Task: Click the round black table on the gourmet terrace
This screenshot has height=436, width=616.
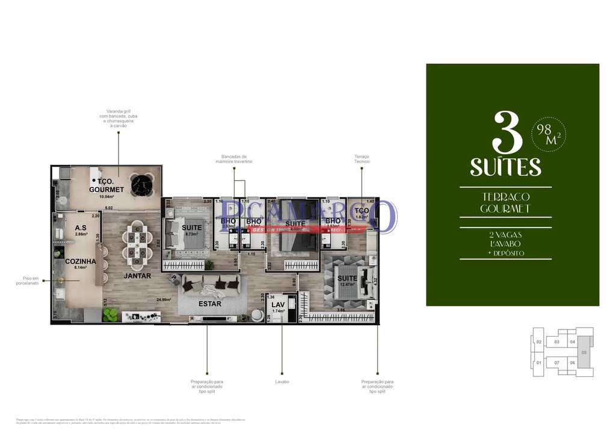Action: pos(143,185)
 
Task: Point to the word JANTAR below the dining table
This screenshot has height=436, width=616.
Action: pos(137,276)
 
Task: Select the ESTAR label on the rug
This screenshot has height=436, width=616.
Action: pos(210,304)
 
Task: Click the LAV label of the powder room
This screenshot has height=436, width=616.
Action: pos(277,305)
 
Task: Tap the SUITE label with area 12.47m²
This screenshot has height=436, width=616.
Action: pos(347,279)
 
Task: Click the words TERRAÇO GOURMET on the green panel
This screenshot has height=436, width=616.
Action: pos(505,203)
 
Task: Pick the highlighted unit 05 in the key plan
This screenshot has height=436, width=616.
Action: pos(583,352)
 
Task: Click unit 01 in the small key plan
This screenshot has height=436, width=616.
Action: pos(539,363)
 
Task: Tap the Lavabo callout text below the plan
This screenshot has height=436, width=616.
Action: pos(282,382)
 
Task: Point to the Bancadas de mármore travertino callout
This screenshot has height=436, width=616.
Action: pos(235,160)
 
